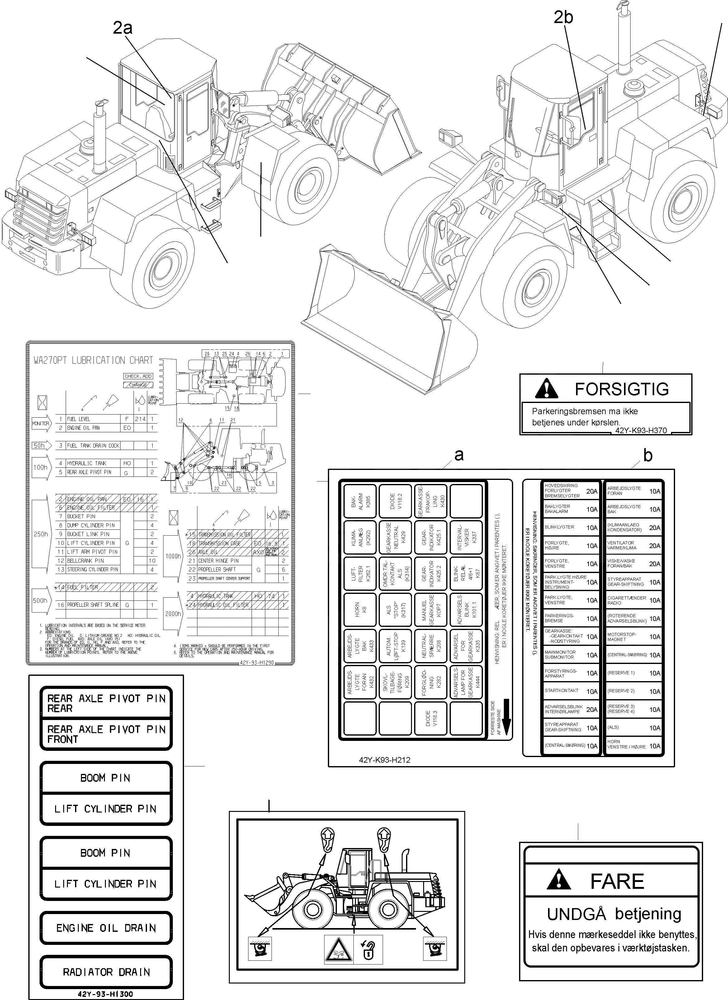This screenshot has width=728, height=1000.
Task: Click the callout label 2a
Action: click(123, 28)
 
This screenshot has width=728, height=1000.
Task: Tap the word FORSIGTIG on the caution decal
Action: click(622, 389)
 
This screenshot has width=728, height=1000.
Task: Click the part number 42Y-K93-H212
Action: click(385, 760)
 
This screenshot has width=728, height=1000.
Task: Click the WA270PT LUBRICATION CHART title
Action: click(93, 360)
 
